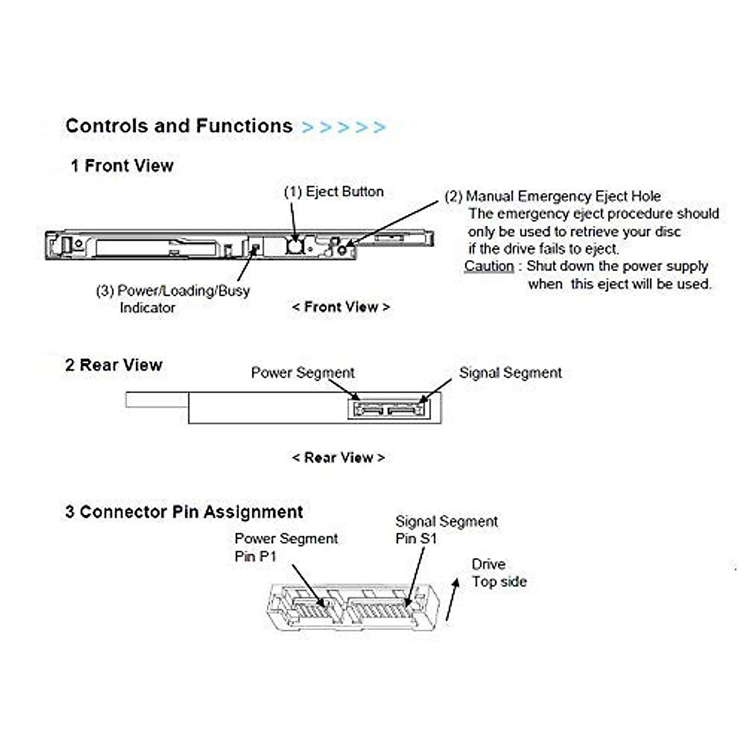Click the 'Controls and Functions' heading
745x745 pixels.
(x=179, y=126)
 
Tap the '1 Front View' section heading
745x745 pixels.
(x=122, y=166)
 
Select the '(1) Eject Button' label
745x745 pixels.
(x=333, y=192)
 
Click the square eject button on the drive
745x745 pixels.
(x=294, y=246)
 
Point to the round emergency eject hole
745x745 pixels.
(x=342, y=250)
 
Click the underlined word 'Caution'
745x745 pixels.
(x=489, y=266)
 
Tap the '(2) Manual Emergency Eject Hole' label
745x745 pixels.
(x=553, y=196)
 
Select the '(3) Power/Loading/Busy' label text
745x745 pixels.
(x=173, y=291)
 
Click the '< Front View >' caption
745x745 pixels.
(x=341, y=307)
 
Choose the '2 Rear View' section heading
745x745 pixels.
(x=114, y=365)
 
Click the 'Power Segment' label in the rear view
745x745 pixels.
(x=303, y=372)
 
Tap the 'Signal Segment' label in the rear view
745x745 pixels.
(x=510, y=372)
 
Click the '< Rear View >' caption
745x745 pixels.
(x=338, y=458)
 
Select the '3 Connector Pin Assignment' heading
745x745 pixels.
(x=184, y=512)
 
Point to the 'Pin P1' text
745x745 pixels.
(x=256, y=556)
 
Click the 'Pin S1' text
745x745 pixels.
(x=416, y=538)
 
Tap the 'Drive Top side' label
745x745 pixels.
(x=499, y=573)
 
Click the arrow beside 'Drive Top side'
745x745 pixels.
(x=453, y=599)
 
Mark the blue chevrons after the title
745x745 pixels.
(x=343, y=127)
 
